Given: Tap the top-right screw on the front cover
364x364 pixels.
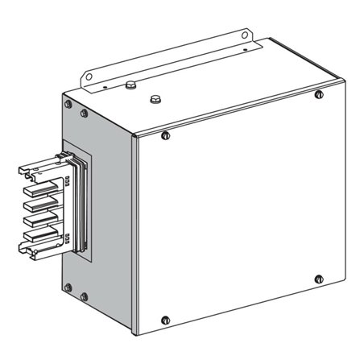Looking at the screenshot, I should (320, 95).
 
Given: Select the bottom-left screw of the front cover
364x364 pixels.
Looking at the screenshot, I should (165, 319).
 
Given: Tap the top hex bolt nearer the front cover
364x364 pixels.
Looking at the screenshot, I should (155, 101).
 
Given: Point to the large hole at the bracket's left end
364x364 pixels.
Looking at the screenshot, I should (89, 78).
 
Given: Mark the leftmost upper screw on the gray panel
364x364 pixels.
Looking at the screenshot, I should (68, 104).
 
